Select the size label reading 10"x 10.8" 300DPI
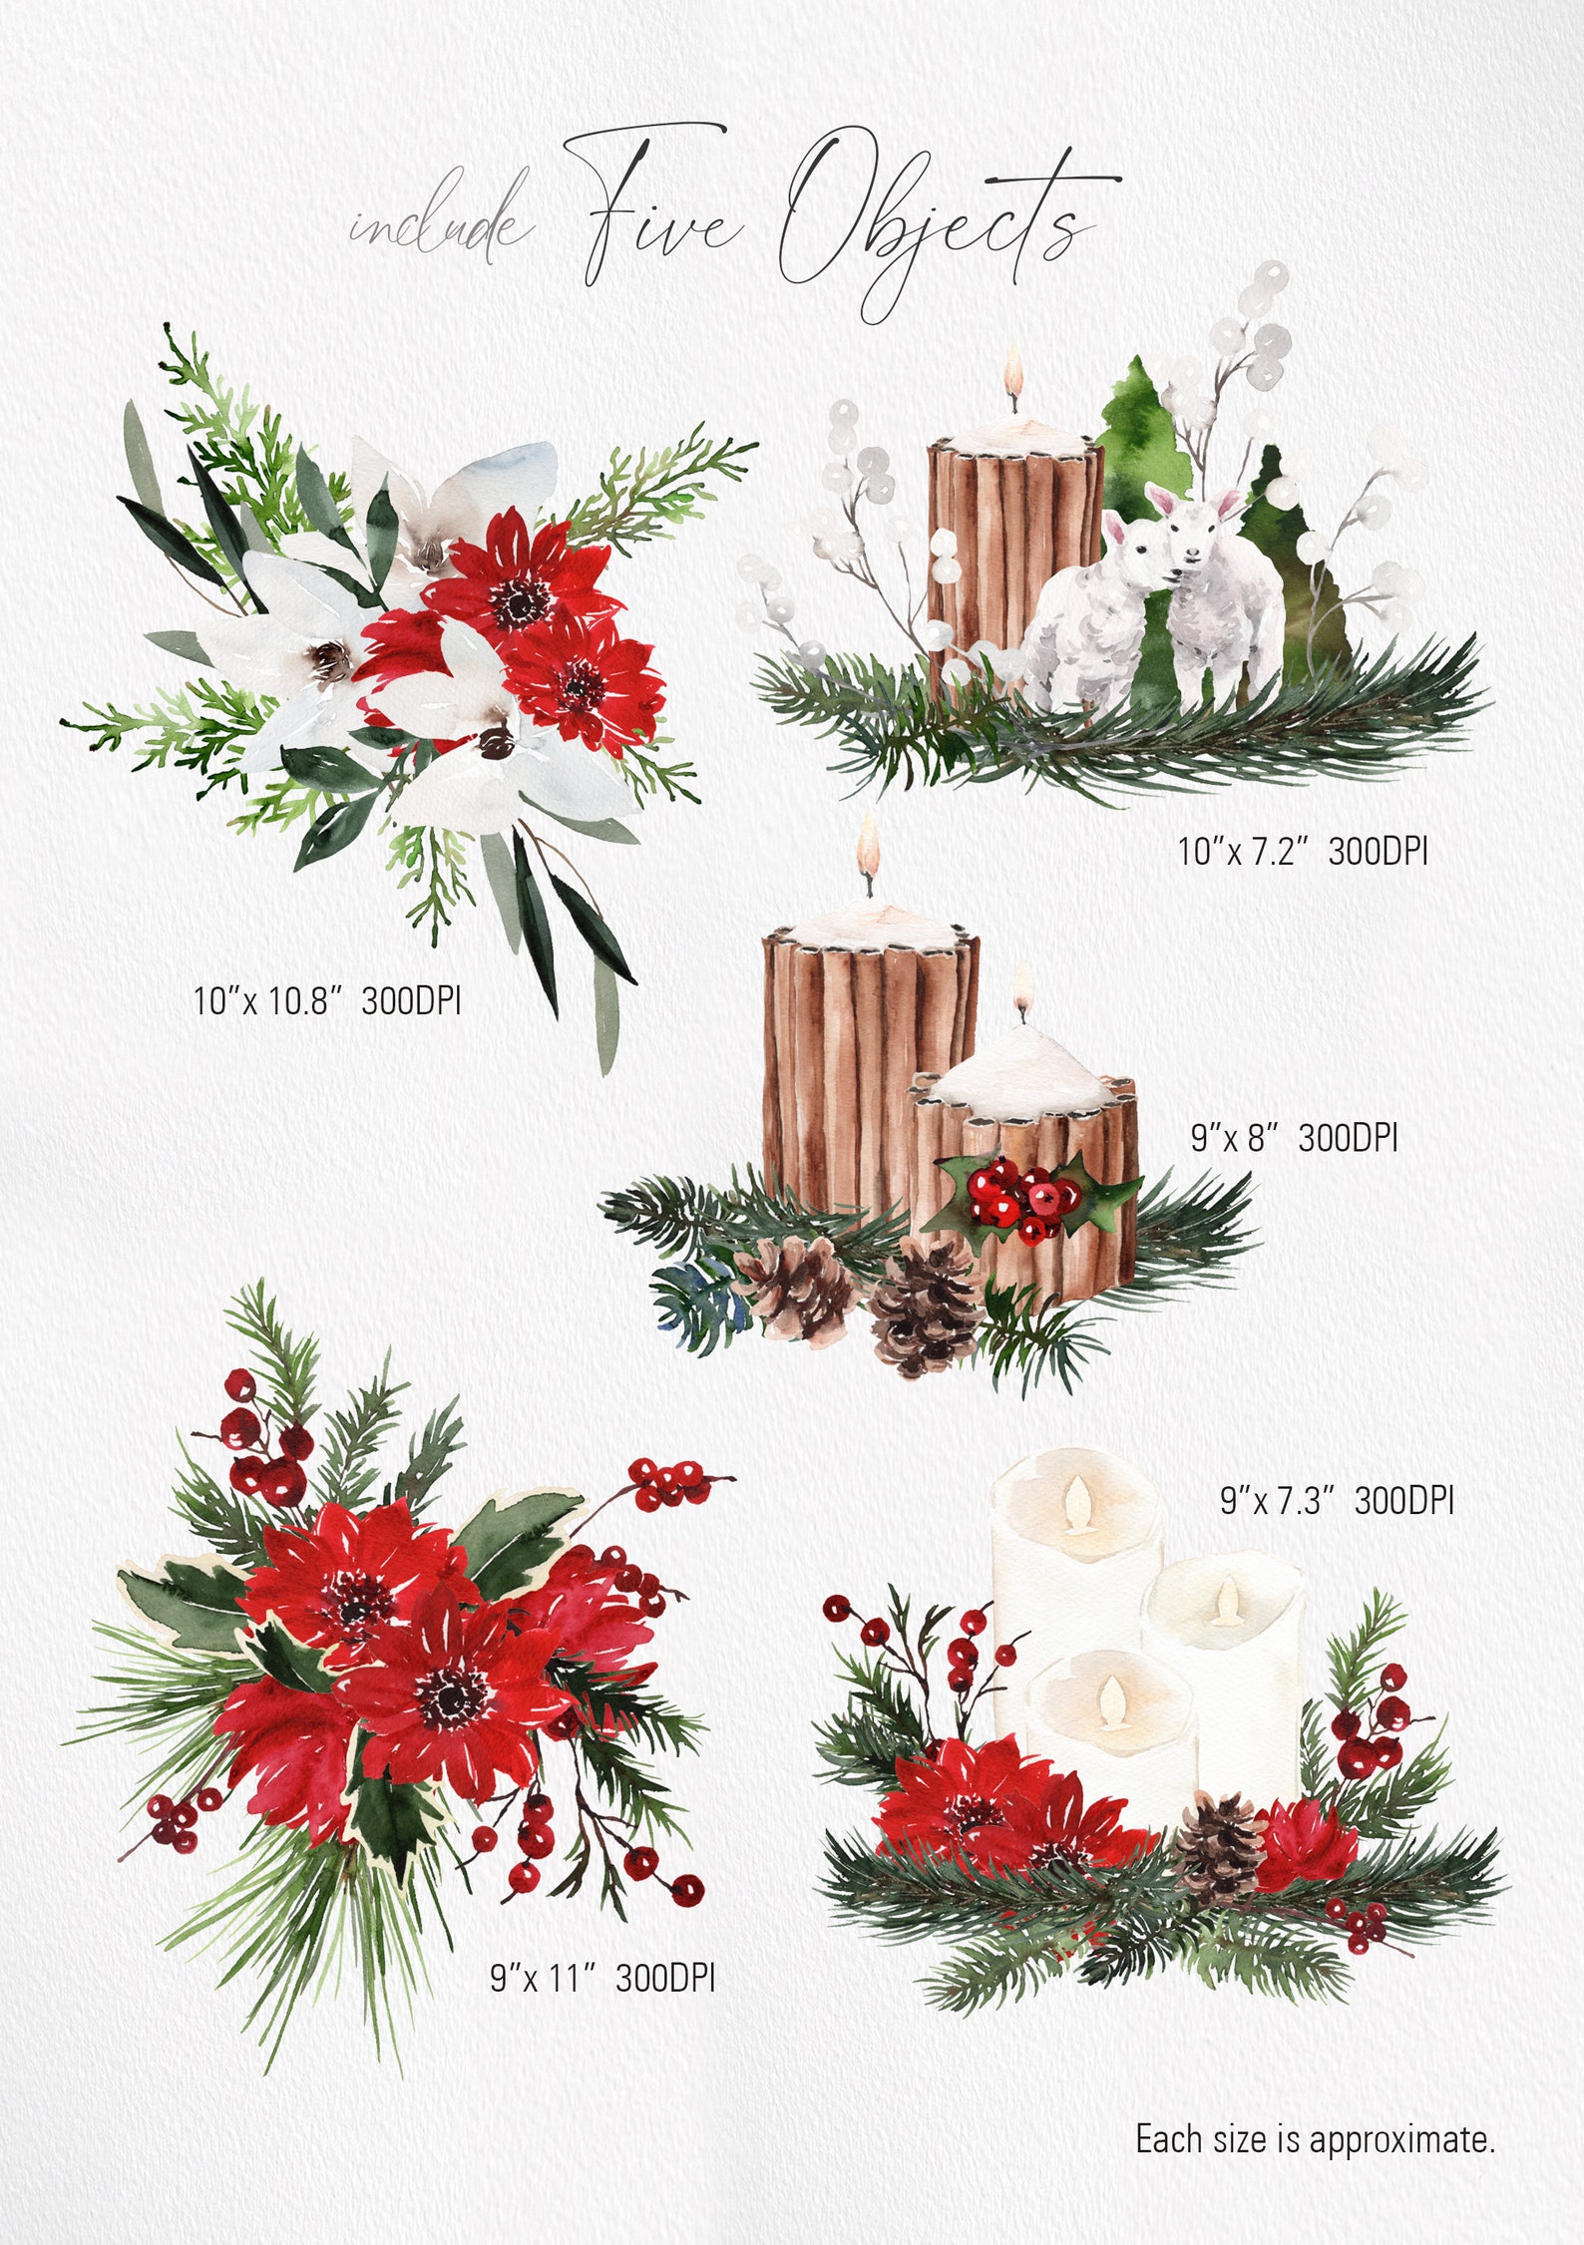327,999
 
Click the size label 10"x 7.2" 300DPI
1303,851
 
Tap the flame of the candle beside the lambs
1014,373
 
